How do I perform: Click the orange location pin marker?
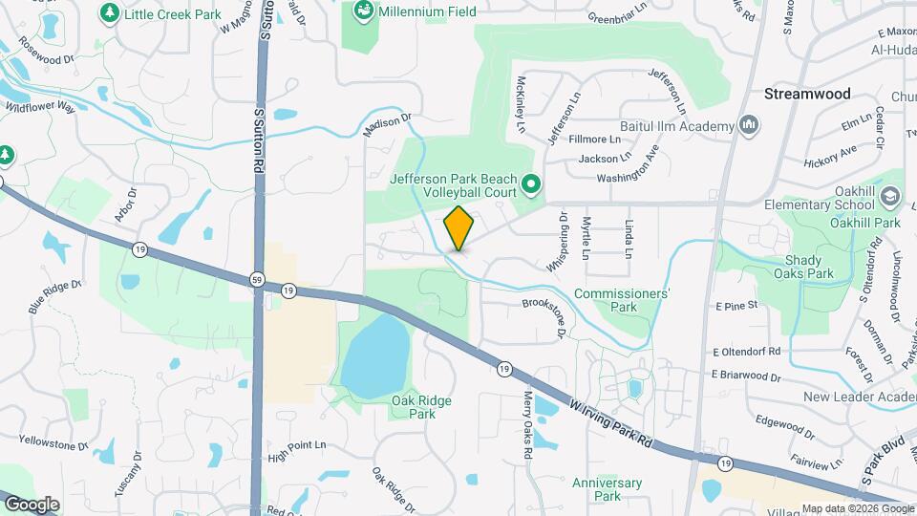[x=459, y=228]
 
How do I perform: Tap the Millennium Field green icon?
[x=363, y=11]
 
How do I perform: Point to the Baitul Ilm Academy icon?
[x=749, y=125]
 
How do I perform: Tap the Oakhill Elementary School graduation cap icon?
[x=890, y=197]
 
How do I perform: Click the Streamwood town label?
[x=807, y=95]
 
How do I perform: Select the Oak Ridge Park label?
[x=421, y=407]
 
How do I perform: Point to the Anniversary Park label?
[x=607, y=489]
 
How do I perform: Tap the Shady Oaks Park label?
[x=809, y=267]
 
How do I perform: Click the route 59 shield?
[x=257, y=279]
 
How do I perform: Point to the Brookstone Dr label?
[x=544, y=318]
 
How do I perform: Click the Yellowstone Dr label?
[x=53, y=442]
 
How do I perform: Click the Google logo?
[x=32, y=505]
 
